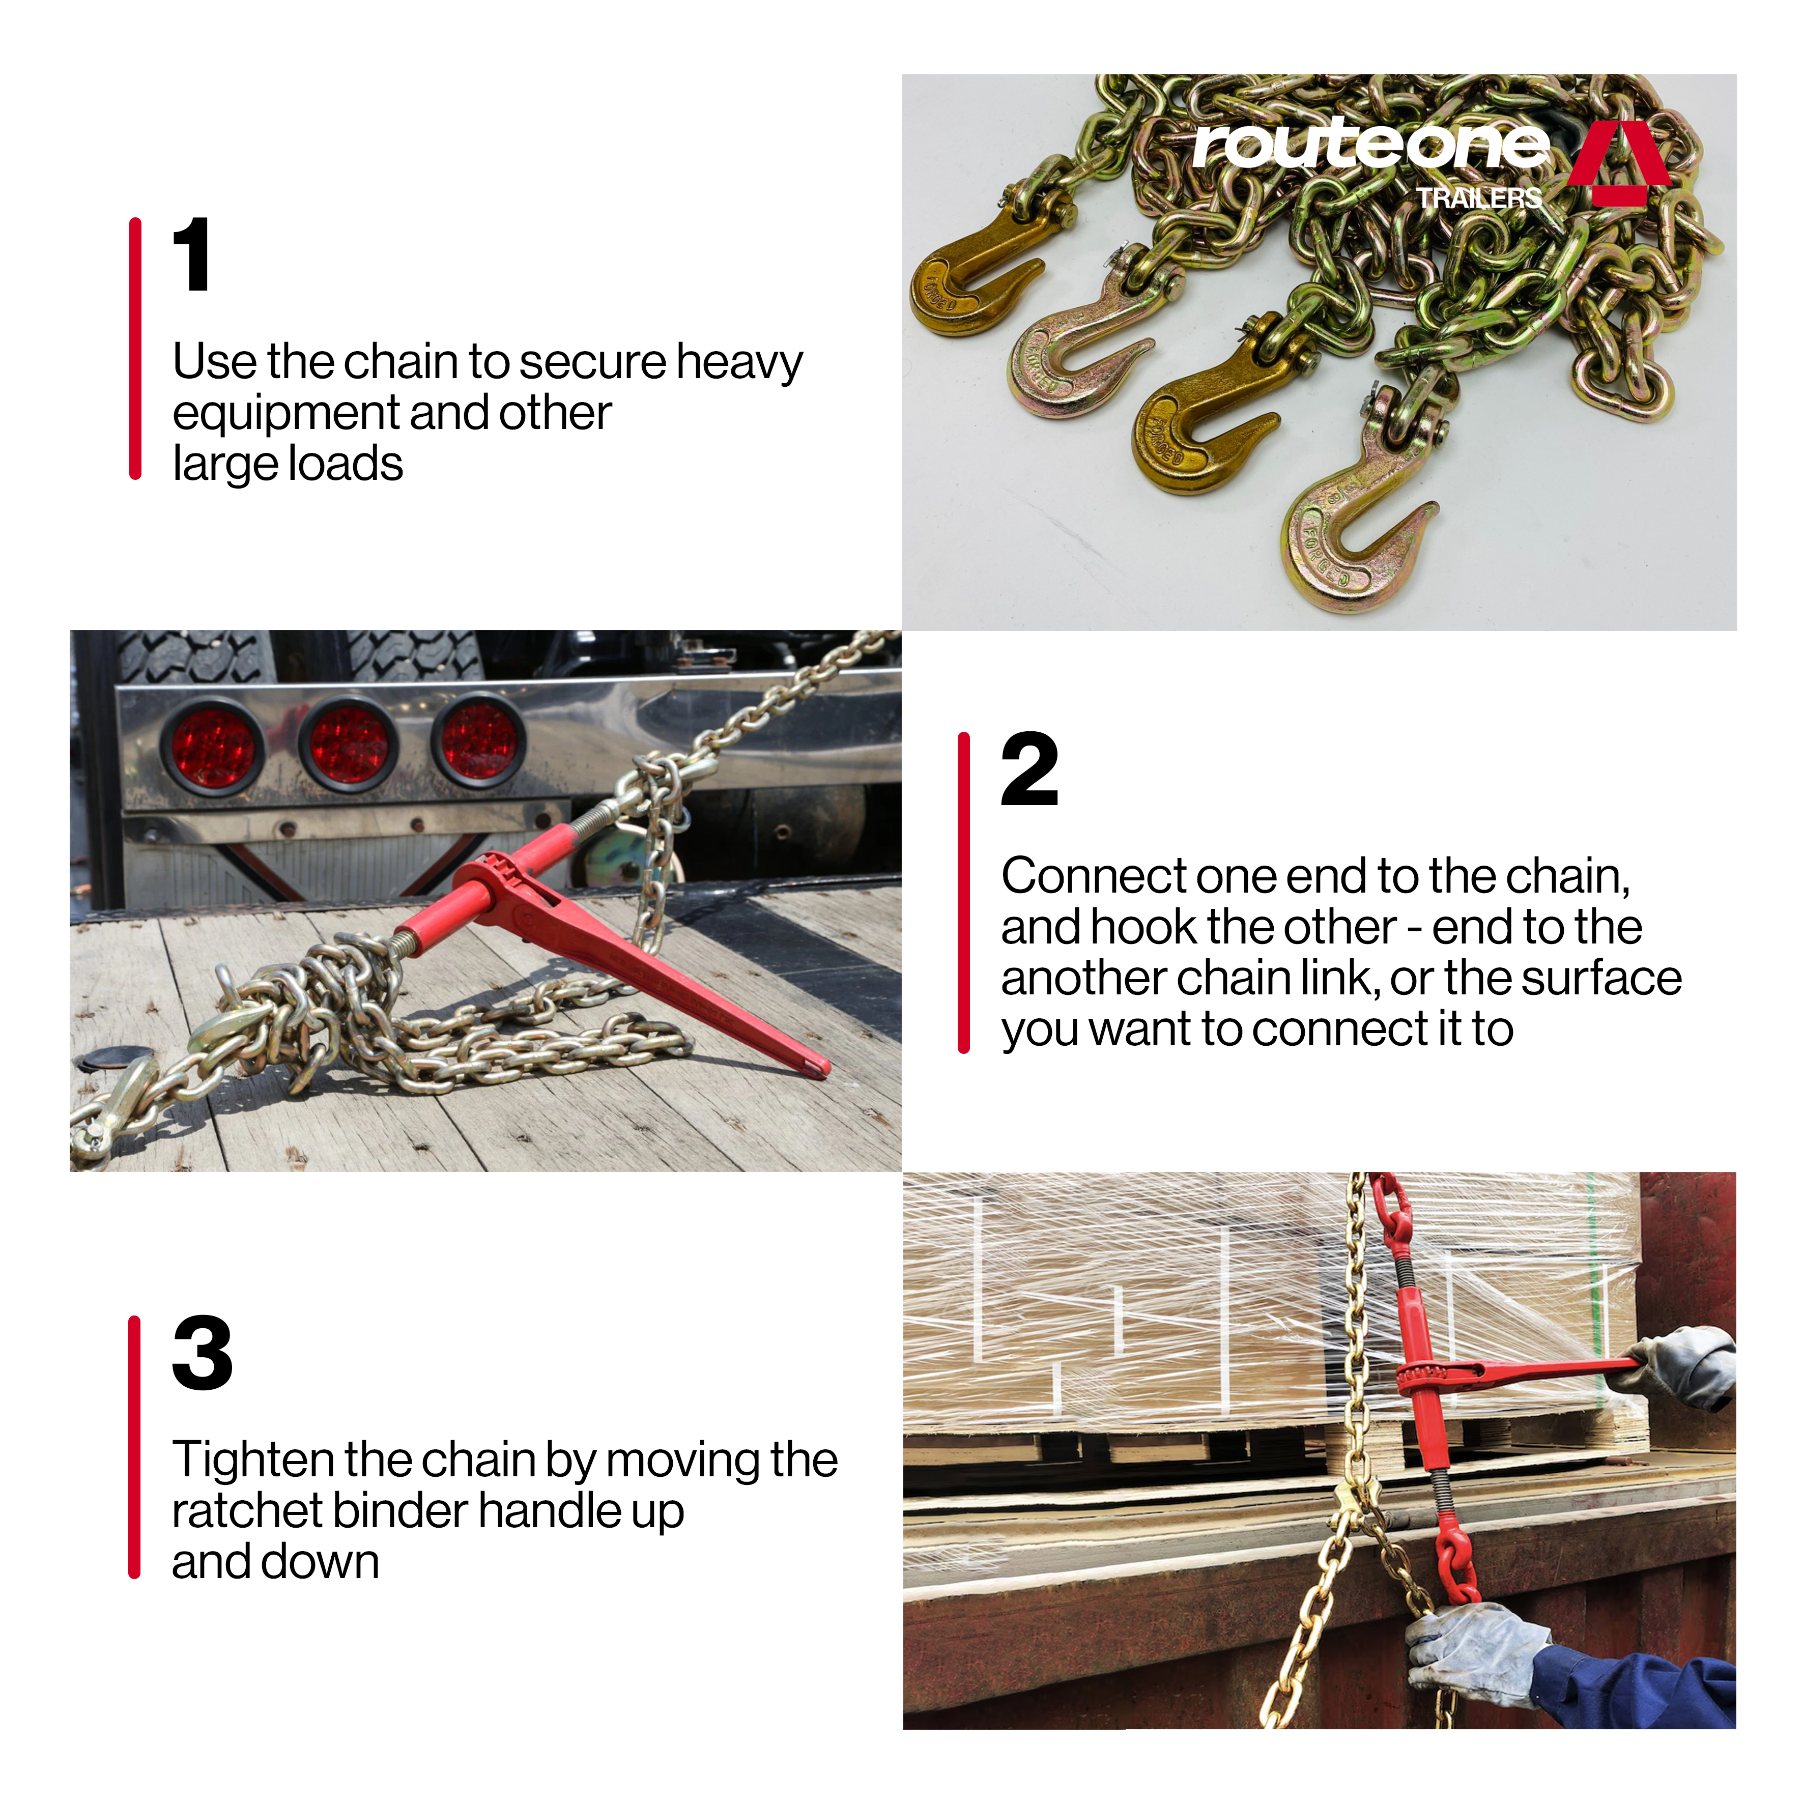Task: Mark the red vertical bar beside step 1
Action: point(135,349)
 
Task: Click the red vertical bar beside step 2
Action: point(964,893)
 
